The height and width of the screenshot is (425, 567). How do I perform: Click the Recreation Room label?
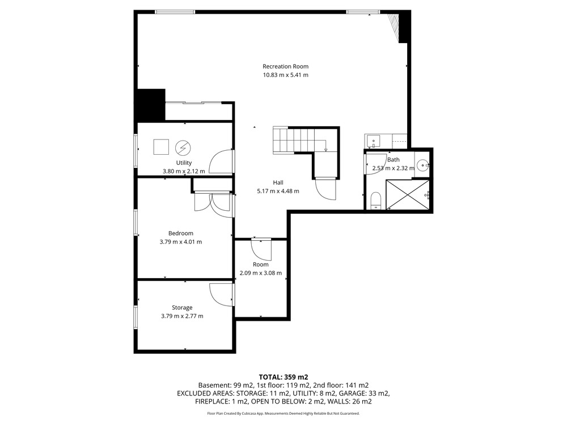[285, 66]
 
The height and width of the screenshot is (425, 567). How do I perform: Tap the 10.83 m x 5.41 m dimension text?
[285, 75]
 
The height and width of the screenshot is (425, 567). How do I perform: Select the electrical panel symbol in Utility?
[183, 148]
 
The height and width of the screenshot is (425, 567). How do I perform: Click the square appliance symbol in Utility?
[161, 147]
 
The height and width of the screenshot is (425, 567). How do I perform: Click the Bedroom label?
[180, 233]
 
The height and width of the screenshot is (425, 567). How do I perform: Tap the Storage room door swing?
[221, 295]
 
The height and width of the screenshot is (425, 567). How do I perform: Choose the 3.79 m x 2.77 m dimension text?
[182, 316]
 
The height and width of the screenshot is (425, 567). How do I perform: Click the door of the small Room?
[261, 250]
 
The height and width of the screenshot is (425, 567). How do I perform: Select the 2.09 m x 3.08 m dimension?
[260, 273]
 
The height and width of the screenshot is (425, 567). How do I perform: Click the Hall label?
[278, 182]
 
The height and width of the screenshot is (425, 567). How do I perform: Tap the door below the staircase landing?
[325, 189]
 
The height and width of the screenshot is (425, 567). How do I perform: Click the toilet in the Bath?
[376, 201]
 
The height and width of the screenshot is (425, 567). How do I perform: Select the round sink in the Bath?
[422, 165]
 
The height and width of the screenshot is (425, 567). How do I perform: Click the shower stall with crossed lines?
[408, 194]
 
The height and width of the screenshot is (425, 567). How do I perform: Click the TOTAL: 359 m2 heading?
[283, 377]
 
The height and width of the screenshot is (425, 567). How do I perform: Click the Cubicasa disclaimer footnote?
[283, 414]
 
